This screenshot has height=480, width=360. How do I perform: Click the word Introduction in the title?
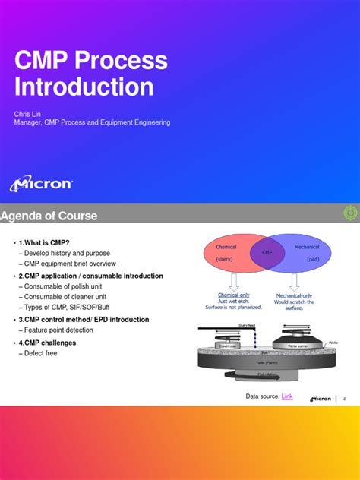(x=84, y=86)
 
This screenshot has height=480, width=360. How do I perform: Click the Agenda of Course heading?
(x=49, y=216)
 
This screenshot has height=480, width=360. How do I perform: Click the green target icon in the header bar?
(x=350, y=213)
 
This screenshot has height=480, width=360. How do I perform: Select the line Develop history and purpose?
(x=66, y=253)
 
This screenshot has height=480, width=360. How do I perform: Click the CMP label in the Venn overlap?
(x=267, y=252)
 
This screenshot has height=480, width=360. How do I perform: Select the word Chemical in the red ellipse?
(x=226, y=247)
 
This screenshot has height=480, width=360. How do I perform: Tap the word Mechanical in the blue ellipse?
(x=306, y=247)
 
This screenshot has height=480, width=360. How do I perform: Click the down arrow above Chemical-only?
(x=234, y=281)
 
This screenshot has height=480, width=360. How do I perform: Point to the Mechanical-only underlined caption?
(x=294, y=295)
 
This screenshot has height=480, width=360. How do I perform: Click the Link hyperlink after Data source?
(x=287, y=396)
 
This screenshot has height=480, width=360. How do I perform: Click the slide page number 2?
(x=344, y=398)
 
